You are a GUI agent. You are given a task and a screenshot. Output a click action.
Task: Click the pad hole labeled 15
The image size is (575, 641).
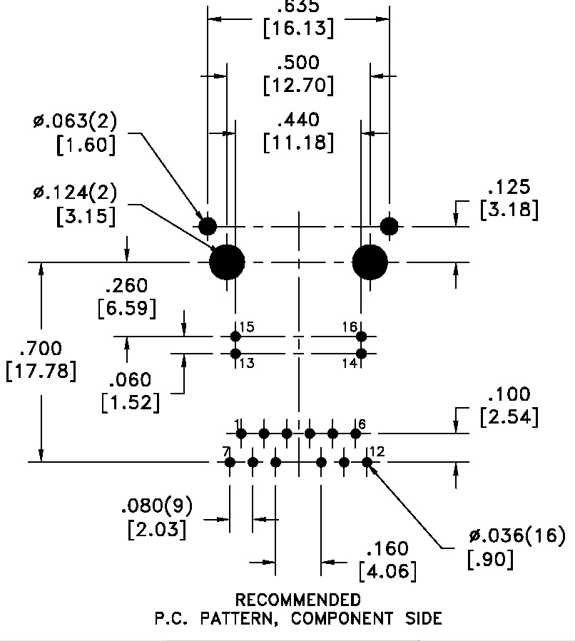click(235, 337)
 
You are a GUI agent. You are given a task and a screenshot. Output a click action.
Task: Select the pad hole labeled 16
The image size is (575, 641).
click(361, 337)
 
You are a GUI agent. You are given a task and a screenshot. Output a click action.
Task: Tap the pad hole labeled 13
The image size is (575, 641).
click(235, 354)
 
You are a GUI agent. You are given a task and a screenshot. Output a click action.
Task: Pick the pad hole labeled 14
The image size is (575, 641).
click(361, 354)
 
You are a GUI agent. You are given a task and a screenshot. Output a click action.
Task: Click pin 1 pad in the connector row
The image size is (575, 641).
click(241, 434)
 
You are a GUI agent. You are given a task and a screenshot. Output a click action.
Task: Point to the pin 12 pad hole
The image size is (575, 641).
click(367, 462)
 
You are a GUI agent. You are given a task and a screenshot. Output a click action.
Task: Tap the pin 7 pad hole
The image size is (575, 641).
click(230, 462)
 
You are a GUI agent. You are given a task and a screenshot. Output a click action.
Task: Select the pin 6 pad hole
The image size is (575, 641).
click(356, 434)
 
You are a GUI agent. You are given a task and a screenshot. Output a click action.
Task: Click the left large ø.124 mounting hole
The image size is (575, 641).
click(227, 262)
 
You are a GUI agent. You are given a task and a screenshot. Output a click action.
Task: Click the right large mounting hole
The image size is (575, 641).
click(370, 262)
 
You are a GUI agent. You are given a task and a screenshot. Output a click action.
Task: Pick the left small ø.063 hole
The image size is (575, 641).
click(208, 226)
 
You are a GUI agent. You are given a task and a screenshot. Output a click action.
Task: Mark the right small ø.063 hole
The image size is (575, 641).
click(390, 226)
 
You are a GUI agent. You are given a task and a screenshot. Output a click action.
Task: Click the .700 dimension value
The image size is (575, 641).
click(41, 348)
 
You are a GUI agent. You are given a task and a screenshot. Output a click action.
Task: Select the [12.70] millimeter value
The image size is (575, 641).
click(298, 86)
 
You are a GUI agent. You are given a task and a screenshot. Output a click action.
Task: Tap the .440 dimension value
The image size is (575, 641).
click(298, 120)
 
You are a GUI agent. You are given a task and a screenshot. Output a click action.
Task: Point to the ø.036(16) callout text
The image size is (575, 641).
click(517, 535)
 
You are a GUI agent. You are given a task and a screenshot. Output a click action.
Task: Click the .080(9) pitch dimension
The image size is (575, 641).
click(157, 506)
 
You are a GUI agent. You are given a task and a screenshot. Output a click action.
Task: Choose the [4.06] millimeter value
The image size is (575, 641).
click(387, 571)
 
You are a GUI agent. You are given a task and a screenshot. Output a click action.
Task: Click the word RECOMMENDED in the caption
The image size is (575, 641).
click(298, 600)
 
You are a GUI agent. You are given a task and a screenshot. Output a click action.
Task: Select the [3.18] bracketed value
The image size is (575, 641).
click(509, 210)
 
